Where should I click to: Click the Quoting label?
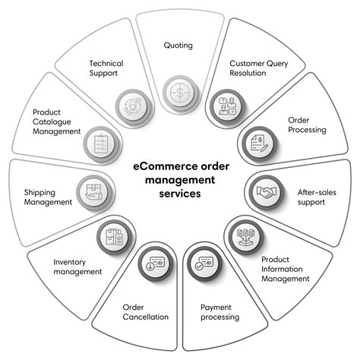(x=178, y=46)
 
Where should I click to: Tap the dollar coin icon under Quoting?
(x=178, y=91)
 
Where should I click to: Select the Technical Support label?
(x=107, y=69)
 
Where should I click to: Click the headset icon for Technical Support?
(x=131, y=107)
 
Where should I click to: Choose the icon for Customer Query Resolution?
(x=226, y=107)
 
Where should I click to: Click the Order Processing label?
(x=307, y=125)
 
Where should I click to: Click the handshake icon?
(x=267, y=192)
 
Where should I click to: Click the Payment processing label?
(x=220, y=312)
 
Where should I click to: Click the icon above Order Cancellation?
(x=154, y=267)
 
